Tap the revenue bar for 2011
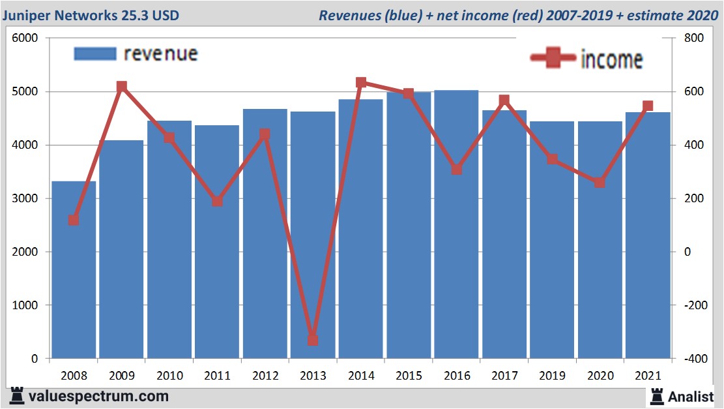[217, 241]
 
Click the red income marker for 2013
[313, 340]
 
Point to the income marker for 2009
[121, 87]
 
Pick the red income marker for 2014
[361, 83]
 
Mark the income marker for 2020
[600, 183]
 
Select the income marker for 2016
[456, 170]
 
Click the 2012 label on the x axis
[265, 376]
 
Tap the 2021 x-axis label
[647, 376]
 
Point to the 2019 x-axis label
[552, 376]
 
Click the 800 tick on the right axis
[693, 38]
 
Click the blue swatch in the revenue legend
[95, 53]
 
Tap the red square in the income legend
[553, 59]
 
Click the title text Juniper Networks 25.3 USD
[91, 15]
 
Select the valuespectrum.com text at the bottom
[98, 396]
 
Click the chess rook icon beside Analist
[656, 396]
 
